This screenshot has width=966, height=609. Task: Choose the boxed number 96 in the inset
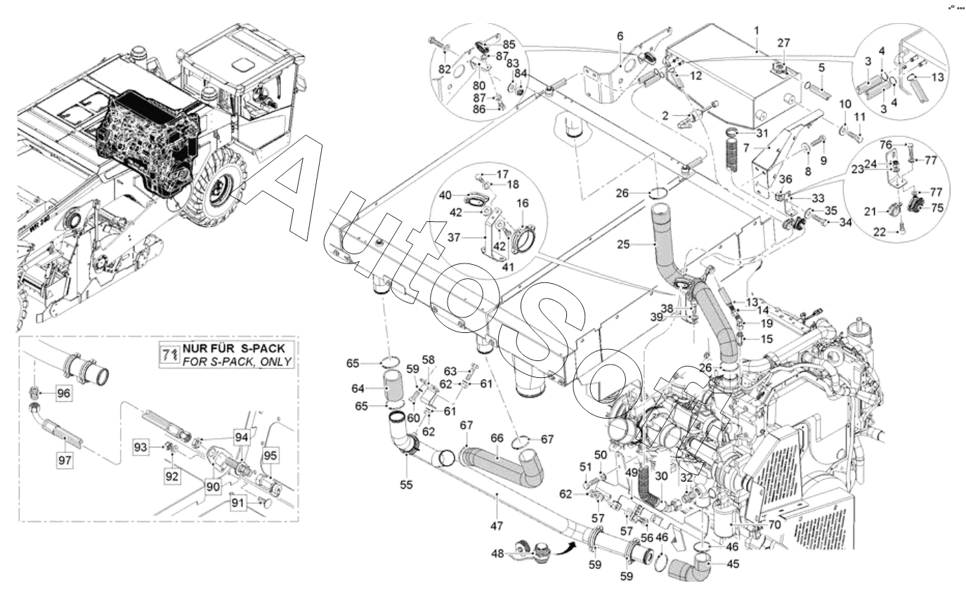[64, 393]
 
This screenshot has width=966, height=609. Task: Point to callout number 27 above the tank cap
[783, 43]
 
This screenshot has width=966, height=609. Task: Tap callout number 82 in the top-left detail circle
[443, 68]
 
